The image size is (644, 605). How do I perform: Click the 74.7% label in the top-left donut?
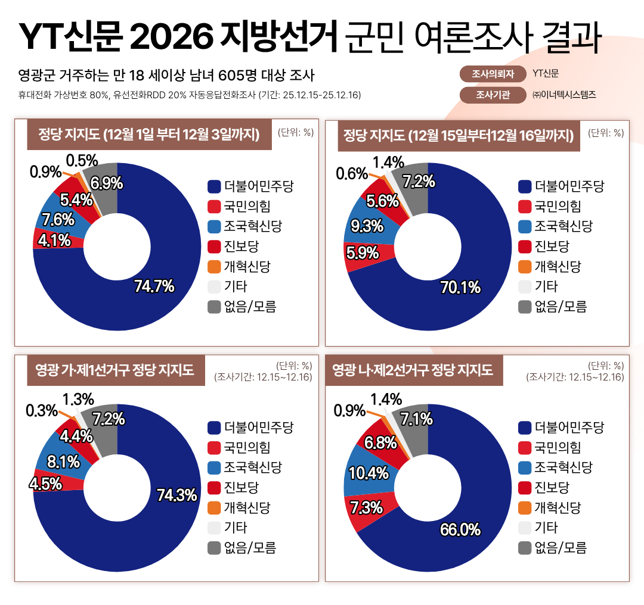click(x=154, y=286)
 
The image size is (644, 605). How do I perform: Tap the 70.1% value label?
click(x=460, y=288)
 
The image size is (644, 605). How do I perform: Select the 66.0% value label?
click(x=460, y=529)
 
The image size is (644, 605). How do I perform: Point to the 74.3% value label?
click(x=177, y=495)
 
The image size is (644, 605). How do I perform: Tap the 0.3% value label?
click(x=42, y=410)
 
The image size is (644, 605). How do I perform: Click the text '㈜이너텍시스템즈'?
click(x=563, y=95)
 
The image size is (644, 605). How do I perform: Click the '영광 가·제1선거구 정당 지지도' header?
click(x=116, y=370)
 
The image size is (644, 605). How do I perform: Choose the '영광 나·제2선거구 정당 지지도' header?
click(x=413, y=370)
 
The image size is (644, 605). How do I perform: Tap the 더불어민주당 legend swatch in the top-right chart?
click(x=525, y=187)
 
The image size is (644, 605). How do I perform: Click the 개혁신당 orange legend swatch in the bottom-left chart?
click(x=214, y=508)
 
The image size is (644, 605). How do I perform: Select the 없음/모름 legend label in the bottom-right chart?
click(x=561, y=548)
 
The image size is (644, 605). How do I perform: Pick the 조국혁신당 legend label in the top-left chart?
click(x=253, y=227)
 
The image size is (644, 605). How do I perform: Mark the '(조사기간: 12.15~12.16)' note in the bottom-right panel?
click(x=575, y=377)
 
